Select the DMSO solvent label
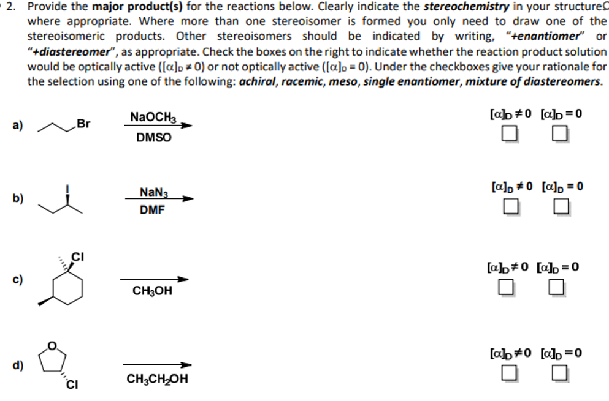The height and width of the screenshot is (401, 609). pyautogui.click(x=153, y=138)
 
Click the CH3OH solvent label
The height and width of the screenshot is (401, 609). pyautogui.click(x=152, y=291)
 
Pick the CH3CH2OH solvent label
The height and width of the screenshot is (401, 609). pyautogui.click(x=157, y=379)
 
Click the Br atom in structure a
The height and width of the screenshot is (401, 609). pyautogui.click(x=83, y=124)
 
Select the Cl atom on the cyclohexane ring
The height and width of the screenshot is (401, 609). pyautogui.click(x=77, y=256)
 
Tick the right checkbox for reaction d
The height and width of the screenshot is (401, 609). pyautogui.click(x=559, y=373)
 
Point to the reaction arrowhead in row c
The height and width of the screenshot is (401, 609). pyautogui.click(x=185, y=280)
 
